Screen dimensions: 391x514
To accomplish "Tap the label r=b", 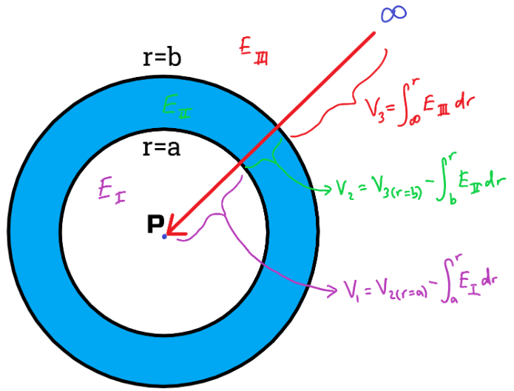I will click(x=161, y=59).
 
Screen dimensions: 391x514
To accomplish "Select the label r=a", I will click(x=160, y=147).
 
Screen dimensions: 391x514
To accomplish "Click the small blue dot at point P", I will click(x=164, y=235).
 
